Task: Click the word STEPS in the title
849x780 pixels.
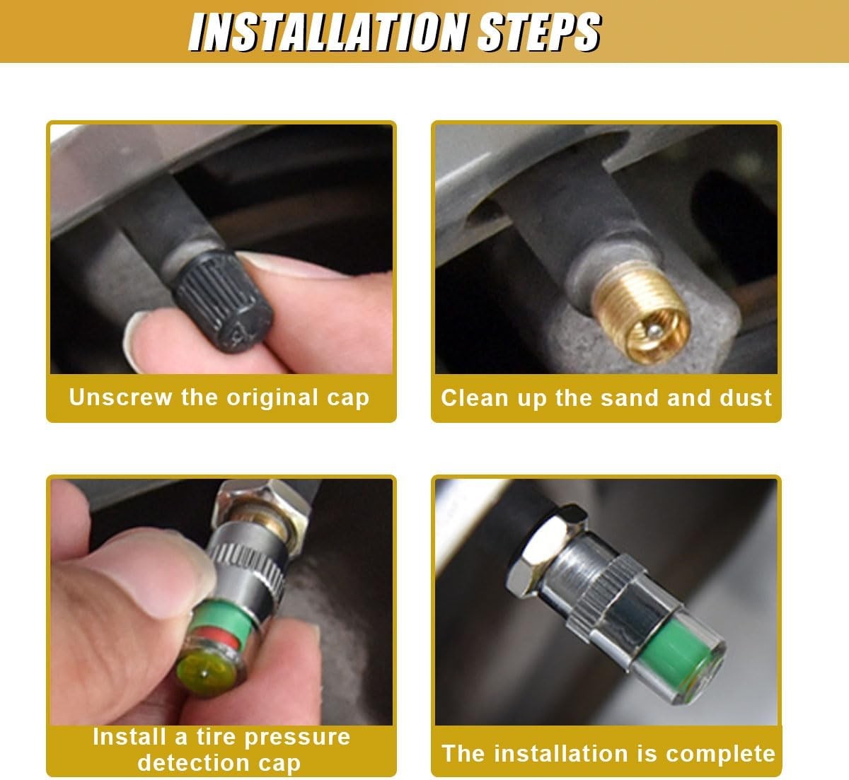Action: (x=539, y=32)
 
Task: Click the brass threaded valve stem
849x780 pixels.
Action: (x=640, y=312)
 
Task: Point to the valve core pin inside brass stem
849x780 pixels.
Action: (x=654, y=329)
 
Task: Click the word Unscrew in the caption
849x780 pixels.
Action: (x=120, y=397)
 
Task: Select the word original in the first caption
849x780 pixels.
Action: (x=272, y=398)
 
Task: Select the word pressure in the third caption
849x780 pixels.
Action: (x=298, y=738)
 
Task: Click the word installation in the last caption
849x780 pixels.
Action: (x=568, y=754)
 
